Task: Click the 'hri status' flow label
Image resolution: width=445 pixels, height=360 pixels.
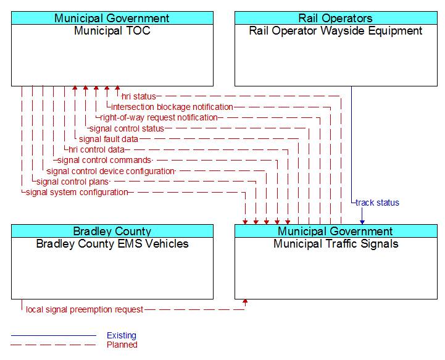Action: [139, 96]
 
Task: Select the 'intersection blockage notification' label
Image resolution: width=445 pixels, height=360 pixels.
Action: [172, 107]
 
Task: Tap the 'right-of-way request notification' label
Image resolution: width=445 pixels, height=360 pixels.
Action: [159, 117]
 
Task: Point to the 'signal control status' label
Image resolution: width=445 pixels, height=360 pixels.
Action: [127, 128]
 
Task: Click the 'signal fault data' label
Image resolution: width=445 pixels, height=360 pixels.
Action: [109, 139]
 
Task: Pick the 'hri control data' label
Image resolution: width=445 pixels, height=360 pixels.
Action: [96, 149]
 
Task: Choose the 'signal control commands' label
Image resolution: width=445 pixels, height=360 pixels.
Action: [104, 160]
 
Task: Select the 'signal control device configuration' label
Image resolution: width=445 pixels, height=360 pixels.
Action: [110, 171]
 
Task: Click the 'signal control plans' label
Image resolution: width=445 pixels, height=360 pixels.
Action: [73, 182]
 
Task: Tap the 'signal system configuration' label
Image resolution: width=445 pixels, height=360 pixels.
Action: [77, 192]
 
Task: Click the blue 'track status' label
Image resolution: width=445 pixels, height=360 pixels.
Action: [377, 203]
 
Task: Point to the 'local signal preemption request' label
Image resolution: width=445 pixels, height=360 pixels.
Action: [85, 309]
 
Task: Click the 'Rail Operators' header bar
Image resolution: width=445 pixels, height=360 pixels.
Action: [336, 18]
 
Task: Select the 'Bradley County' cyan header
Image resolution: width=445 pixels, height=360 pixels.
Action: [112, 231]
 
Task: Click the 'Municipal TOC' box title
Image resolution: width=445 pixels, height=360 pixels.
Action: [112, 31]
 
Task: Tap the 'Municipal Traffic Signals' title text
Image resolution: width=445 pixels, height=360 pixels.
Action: [336, 244]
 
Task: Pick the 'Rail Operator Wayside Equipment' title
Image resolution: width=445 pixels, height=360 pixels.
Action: [336, 31]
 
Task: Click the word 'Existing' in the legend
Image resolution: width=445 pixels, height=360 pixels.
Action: [122, 335]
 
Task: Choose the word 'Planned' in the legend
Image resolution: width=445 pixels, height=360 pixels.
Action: [122, 345]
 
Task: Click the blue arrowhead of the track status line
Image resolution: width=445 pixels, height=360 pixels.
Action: [362, 222]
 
